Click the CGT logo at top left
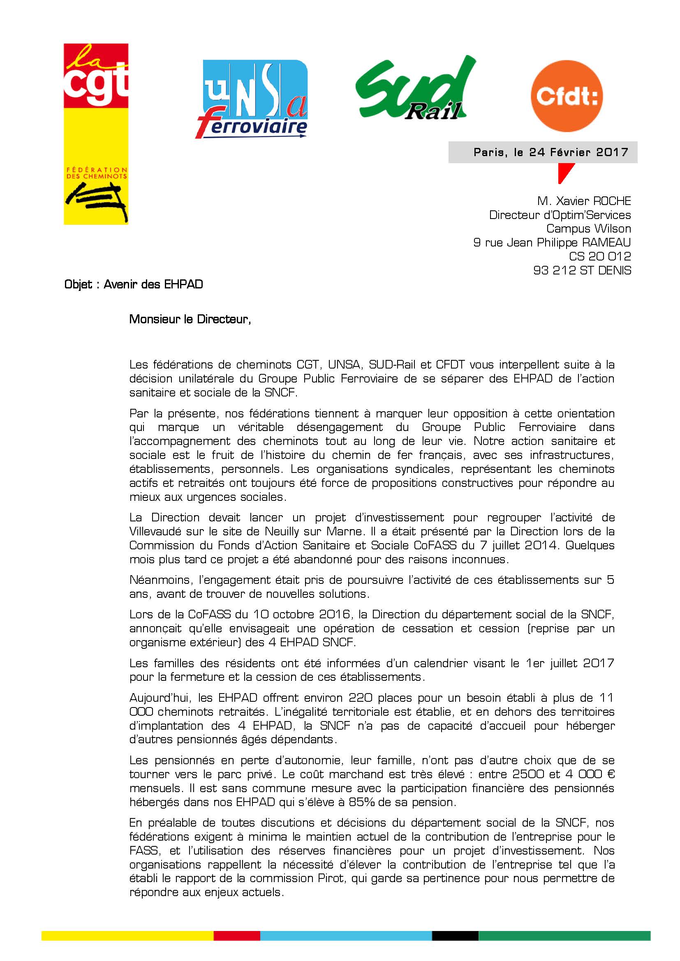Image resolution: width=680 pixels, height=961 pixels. [96, 134]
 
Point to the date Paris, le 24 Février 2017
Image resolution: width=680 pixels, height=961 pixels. [550, 152]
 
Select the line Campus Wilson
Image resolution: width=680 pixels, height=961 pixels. [588, 228]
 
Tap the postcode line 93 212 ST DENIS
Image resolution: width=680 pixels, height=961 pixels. [582, 270]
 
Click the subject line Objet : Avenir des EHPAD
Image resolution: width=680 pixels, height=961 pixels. [134, 285]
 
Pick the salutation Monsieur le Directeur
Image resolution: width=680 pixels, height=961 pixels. [190, 319]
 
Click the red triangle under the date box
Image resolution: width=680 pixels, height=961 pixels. [565, 172]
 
